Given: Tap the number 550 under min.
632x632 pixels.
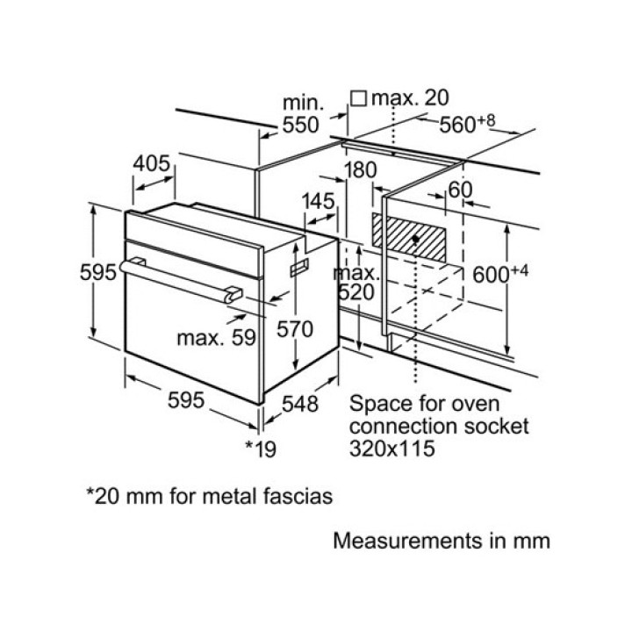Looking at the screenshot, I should (299, 126).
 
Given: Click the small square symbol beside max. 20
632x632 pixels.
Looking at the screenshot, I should (358, 98).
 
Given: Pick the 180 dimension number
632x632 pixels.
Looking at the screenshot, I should (360, 169).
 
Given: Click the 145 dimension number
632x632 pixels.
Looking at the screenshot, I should (318, 201).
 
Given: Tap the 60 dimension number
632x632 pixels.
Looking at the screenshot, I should (460, 190).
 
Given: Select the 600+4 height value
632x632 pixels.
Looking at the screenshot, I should (499, 274).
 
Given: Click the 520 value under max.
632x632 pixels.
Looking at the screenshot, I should (357, 292).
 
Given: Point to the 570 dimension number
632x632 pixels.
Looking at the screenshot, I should (296, 329).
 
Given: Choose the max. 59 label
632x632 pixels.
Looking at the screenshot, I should (208, 336).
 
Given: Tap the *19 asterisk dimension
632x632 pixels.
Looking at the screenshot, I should (260, 449).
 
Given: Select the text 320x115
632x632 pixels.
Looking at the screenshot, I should (392, 449).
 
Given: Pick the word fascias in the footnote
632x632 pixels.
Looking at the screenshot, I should (294, 496).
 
